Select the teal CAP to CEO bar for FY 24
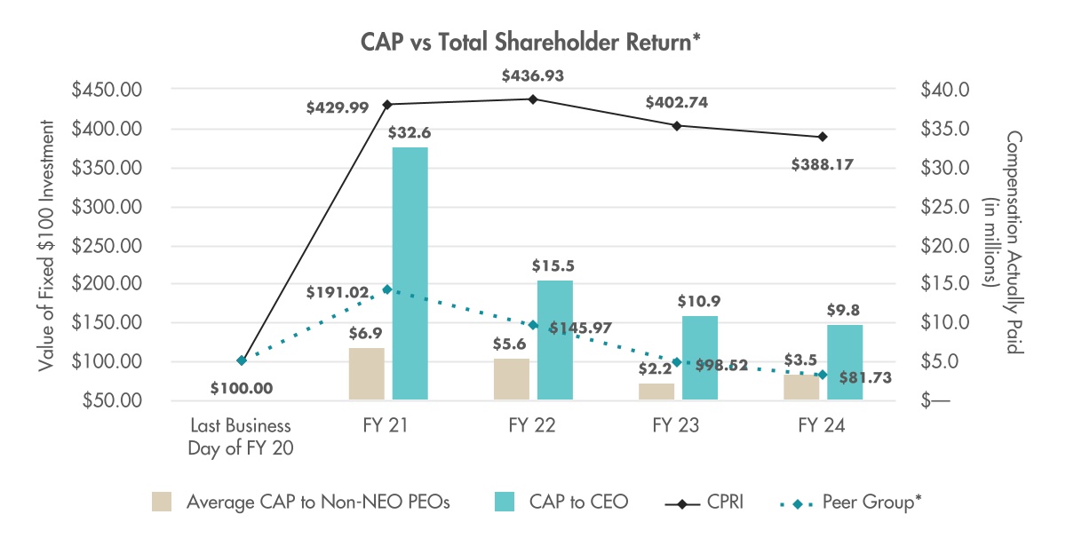(x=845, y=361)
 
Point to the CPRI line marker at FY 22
(x=533, y=99)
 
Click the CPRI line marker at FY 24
(x=823, y=137)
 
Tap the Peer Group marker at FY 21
(x=387, y=289)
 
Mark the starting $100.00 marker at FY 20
(x=241, y=360)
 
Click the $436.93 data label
(x=533, y=76)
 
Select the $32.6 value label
(x=410, y=133)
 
